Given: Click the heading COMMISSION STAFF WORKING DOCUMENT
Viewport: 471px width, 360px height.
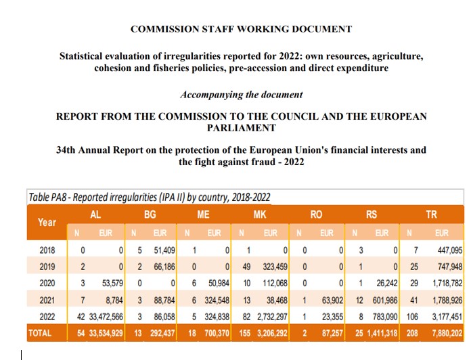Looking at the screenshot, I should pos(241,29).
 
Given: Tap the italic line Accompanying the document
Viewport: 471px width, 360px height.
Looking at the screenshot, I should pos(241,95).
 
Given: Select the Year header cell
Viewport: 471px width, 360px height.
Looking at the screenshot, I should pos(47,222).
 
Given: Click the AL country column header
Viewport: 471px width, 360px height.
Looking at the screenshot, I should pos(96,214).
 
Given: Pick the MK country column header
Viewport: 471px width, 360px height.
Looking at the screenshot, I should pos(260,214).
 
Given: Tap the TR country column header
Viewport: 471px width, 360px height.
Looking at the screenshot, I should pos(431,214).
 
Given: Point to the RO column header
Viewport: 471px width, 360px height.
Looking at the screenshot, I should pos(316,214).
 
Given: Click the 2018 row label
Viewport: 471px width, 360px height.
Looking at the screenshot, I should pos(47,250).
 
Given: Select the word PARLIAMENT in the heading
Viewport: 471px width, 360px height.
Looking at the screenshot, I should pos(241,128).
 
